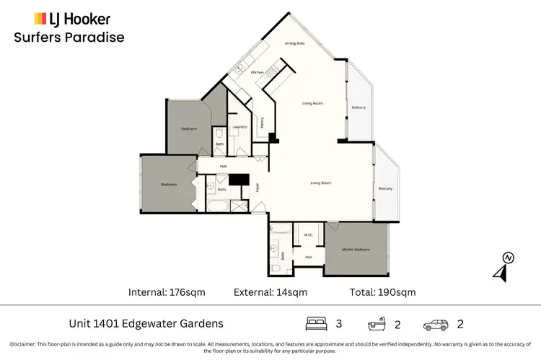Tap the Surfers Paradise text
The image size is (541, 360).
pyautogui.click(x=69, y=38)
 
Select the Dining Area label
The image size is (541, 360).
pyautogui.click(x=294, y=44)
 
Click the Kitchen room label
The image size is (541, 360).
pyautogui.click(x=258, y=73)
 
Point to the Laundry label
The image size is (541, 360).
pyautogui.click(x=240, y=127)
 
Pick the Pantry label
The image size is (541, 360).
pyautogui.click(x=262, y=124)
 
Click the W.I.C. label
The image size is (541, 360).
pyautogui.click(x=308, y=234)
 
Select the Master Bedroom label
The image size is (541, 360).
pyautogui.click(x=356, y=250)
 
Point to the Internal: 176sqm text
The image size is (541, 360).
pyautogui.click(x=170, y=292)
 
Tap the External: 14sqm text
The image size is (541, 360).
pyautogui.click(x=270, y=292)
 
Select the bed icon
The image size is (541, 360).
pyautogui.click(x=315, y=324)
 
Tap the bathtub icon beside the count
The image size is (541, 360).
pyautogui.click(x=375, y=324)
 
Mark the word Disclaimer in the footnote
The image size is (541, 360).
pyautogui.click(x=24, y=343)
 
